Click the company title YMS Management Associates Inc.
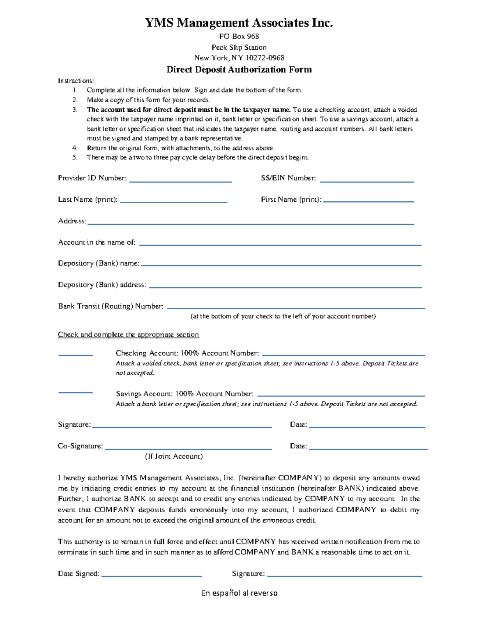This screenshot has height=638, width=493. coord(239,23)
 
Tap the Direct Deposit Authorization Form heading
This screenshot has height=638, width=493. coord(239,69)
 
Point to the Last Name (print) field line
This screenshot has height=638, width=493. coord(173,202)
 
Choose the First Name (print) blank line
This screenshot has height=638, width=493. coord(368,201)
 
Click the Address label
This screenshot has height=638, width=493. coord(72,221)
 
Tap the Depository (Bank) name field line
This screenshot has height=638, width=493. coord(281,265)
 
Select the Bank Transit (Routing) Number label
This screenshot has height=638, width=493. coord(111,306)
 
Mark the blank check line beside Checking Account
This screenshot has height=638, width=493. coord(75,355)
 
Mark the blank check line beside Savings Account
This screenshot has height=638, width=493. coord(75,392)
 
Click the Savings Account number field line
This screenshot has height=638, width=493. coord(341,396)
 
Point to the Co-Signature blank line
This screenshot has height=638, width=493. coord(188,449)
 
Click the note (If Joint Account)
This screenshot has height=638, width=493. coord(174,456)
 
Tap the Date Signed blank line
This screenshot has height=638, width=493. coord(151,576)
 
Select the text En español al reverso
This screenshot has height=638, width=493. coord(239,593)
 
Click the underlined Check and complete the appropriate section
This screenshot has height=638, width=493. coord(128,334)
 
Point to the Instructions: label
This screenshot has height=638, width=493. coord(76,81)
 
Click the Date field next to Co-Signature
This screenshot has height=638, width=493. coord(368,449)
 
